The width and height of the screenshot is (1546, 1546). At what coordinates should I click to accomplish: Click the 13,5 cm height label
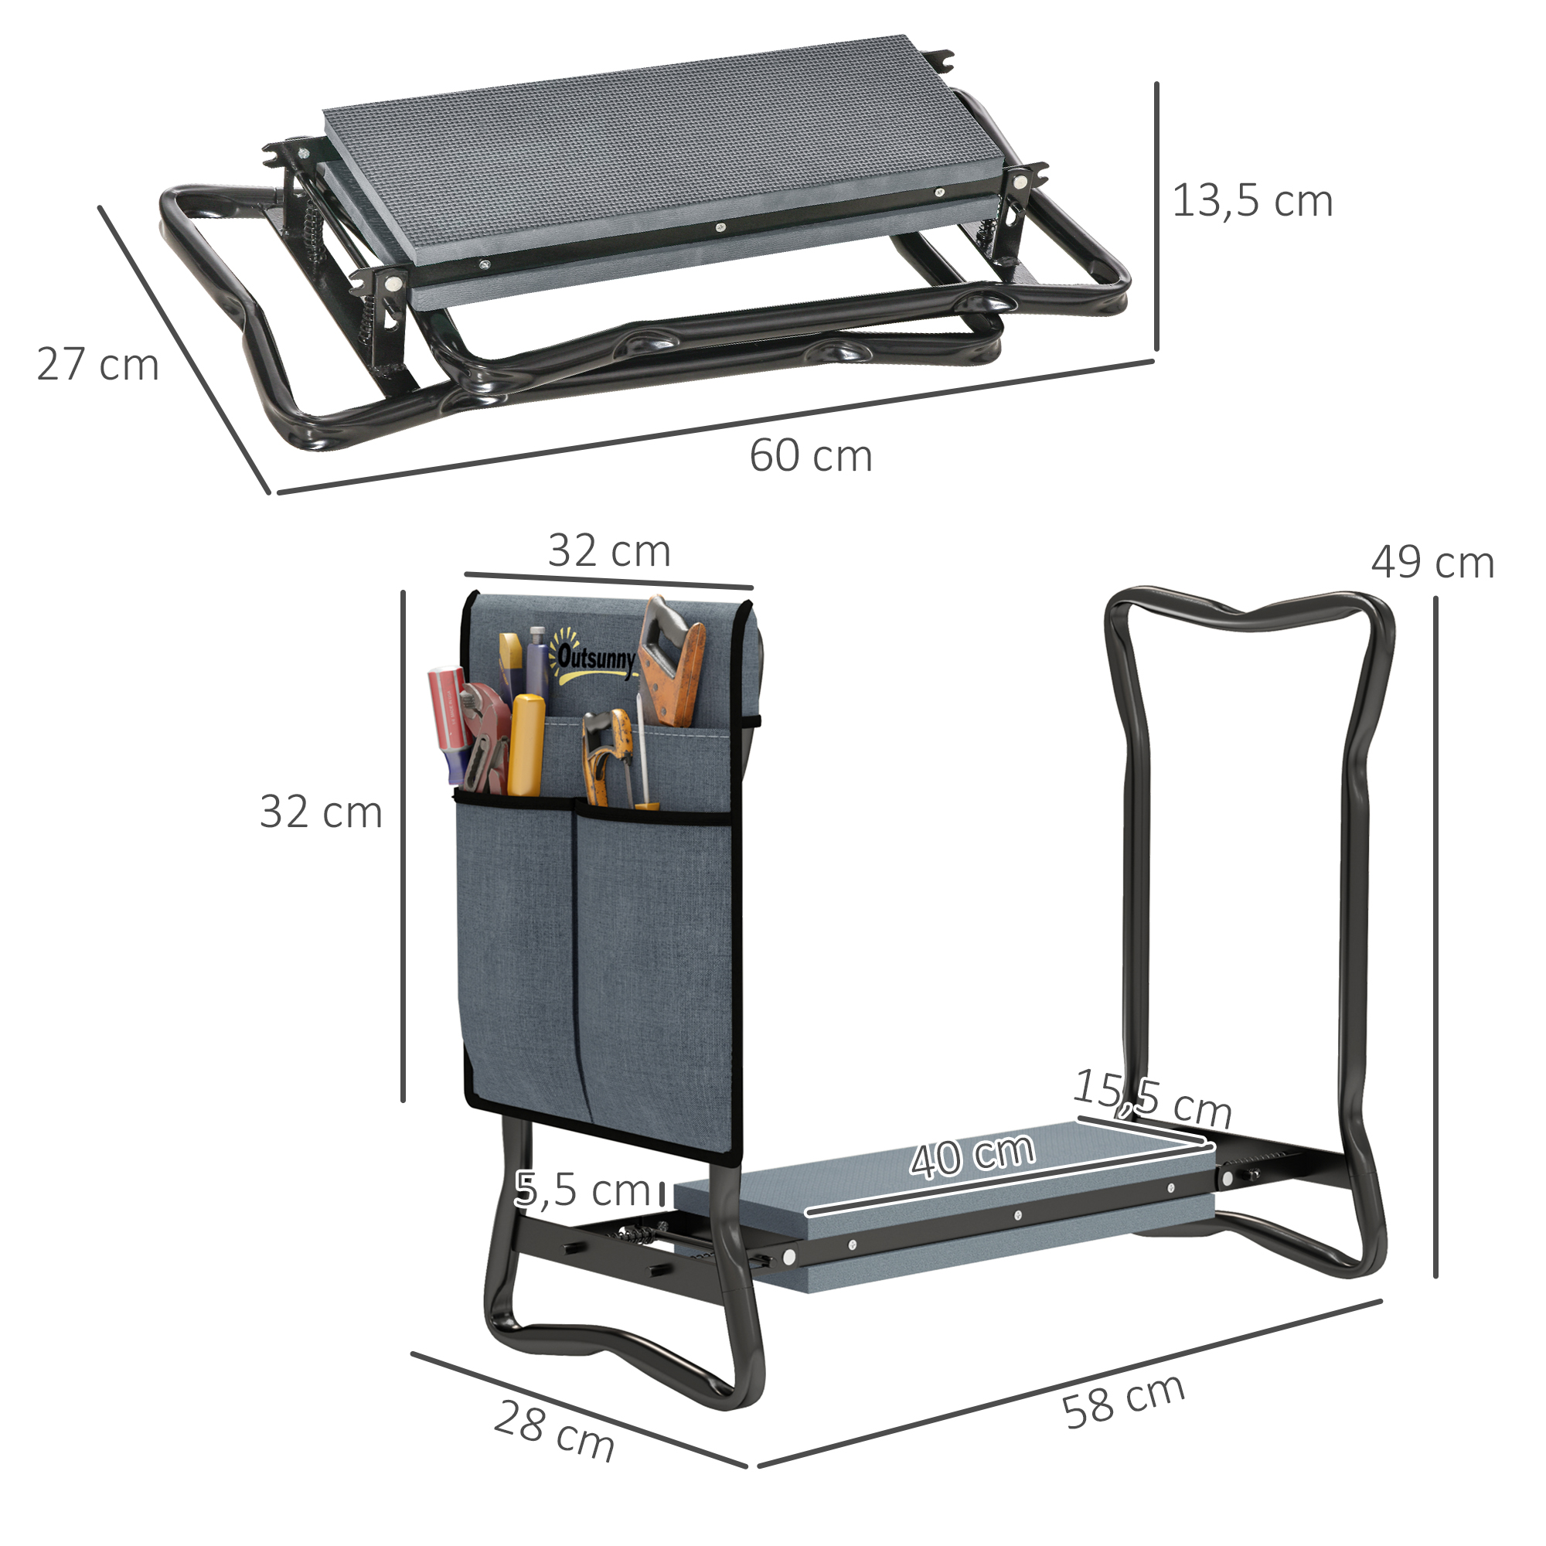(1251, 201)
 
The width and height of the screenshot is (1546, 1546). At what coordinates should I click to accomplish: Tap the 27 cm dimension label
(97, 365)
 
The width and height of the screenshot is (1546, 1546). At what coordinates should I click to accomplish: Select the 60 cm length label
(810, 456)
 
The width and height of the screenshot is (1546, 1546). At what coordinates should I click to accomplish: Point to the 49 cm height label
(1432, 563)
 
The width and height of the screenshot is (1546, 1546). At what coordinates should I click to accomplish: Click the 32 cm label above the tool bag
(609, 551)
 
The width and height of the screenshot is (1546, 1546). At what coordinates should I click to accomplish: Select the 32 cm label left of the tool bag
(321, 812)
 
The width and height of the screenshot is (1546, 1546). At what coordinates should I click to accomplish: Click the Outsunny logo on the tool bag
(594, 660)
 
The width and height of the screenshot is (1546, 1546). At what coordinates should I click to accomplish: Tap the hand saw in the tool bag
(670, 664)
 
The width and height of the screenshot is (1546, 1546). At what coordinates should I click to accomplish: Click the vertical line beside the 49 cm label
(1435, 936)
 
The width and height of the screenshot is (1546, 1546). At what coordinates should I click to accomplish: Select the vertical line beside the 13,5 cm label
(1156, 216)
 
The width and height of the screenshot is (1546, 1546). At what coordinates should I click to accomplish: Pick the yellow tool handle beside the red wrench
(526, 744)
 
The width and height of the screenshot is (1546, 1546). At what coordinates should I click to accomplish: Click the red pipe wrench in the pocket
(486, 736)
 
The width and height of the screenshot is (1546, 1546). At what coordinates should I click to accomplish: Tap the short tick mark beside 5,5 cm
(662, 1192)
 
